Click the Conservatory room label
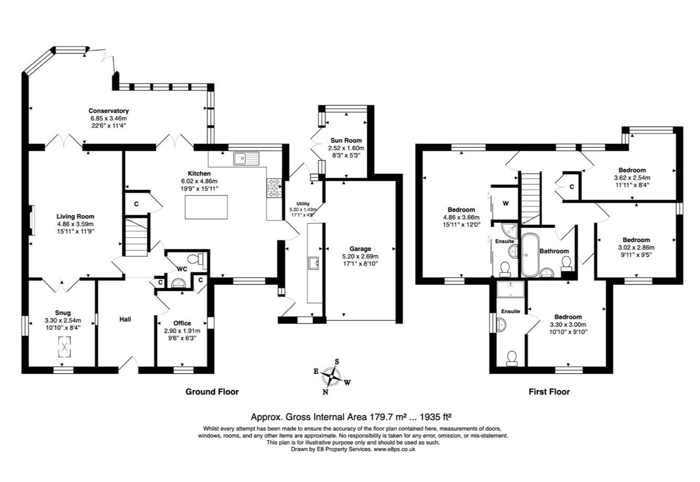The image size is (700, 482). coord(108,111)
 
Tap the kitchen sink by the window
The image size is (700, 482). coord(246,158)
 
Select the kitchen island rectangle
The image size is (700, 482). coord(206,207)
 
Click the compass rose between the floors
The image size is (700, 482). coord(332,376)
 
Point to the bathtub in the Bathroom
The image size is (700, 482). coord(530,255)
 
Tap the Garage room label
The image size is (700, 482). coord(360,249)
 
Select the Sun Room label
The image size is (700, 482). coord(346,140)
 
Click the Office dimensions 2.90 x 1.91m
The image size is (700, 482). coord(182,331)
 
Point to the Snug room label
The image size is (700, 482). coord(63,313)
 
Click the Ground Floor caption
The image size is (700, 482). coord(212,392)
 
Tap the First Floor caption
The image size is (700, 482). coord(549,392)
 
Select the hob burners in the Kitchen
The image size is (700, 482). coord(274,188)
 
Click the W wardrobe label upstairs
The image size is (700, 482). coord(506,203)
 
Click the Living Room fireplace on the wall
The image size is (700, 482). coord(31,220)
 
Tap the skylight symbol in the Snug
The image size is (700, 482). coord(64,346)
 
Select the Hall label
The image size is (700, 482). coord(125,319)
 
